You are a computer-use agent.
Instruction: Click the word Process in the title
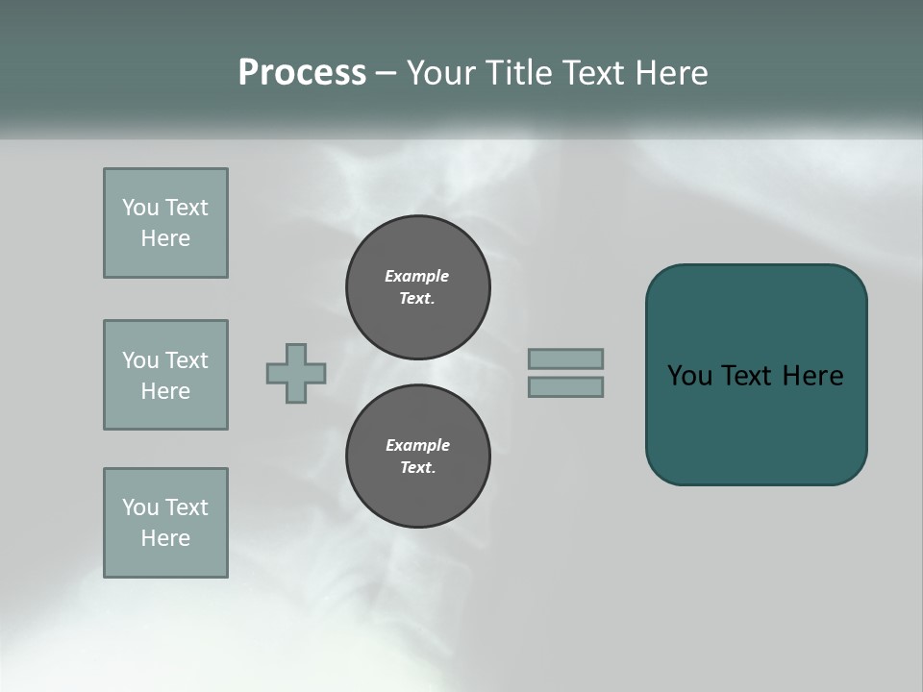(302, 73)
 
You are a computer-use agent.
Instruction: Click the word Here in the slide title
(669, 73)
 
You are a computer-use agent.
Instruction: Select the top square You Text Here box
(165, 223)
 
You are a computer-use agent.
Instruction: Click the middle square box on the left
(165, 375)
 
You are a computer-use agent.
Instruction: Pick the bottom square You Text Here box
(165, 523)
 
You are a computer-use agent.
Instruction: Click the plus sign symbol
(296, 373)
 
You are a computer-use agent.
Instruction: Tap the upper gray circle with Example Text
(417, 287)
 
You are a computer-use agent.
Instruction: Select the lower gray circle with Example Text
(417, 457)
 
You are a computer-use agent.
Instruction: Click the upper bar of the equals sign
(565, 358)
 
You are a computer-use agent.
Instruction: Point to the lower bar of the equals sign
(565, 387)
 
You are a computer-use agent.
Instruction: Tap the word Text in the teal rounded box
(748, 376)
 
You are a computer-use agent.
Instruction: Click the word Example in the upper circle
(416, 277)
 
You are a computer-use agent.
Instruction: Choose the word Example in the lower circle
(417, 446)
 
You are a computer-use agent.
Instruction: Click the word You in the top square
(139, 208)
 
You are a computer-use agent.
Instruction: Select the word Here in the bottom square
(165, 538)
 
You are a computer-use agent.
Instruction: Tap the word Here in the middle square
(165, 391)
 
